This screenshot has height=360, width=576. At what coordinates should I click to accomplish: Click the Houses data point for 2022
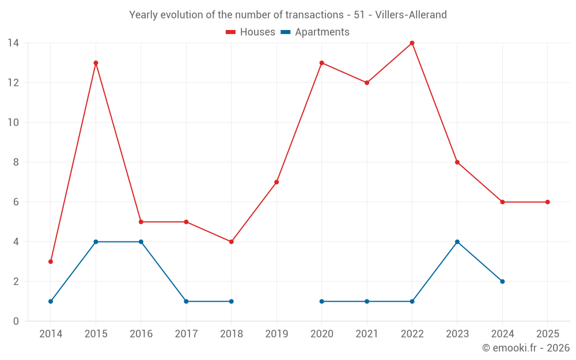(x=412, y=43)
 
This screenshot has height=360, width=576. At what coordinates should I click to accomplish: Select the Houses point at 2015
(x=96, y=63)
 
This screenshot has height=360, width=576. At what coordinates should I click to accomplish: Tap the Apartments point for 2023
(x=457, y=242)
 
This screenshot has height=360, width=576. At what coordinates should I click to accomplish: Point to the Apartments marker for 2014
(x=51, y=301)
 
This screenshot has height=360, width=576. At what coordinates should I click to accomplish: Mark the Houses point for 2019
(x=276, y=182)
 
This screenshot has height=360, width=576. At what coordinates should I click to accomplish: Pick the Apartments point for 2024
(x=502, y=282)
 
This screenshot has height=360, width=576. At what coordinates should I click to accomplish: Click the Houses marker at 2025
(x=548, y=202)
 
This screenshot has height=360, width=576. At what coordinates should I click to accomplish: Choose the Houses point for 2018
(x=231, y=242)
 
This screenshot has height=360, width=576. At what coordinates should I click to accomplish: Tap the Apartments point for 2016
(x=141, y=242)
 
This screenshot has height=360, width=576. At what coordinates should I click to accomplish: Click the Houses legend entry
(x=251, y=32)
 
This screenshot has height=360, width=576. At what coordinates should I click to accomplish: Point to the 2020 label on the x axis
(x=321, y=334)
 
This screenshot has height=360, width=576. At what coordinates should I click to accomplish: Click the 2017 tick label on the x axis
(x=186, y=334)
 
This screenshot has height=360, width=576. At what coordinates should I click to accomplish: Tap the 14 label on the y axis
(x=13, y=43)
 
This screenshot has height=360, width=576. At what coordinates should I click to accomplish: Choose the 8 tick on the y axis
(x=16, y=162)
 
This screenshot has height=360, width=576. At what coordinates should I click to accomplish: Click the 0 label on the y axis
(x=16, y=321)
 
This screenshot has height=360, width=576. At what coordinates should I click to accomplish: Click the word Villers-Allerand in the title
(x=411, y=15)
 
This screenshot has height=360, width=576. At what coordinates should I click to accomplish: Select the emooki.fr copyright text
(x=526, y=348)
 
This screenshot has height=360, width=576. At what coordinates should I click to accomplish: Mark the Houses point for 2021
(x=367, y=83)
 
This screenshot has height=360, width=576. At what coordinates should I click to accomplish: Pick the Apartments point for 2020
(x=321, y=301)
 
